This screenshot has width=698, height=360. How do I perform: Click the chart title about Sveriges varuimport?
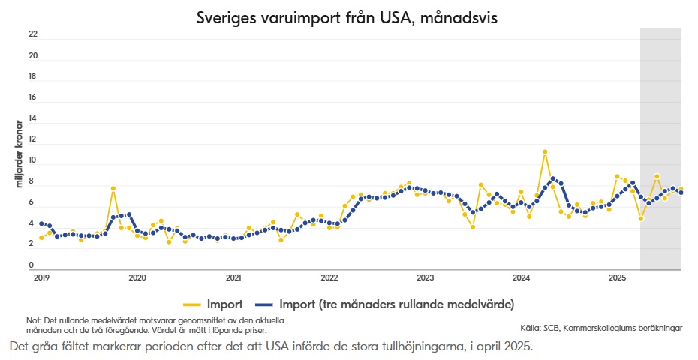pos(347,17)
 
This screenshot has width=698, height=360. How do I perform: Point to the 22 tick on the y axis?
pos(33,34)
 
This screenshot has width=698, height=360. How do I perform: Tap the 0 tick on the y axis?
pos(31,265)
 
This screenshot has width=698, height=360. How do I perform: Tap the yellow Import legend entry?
pos(214,304)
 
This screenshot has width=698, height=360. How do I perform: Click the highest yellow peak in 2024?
pos(545,152)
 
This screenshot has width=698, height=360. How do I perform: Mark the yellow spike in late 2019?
pos(113,189)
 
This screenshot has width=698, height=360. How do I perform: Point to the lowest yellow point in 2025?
pos(641,219)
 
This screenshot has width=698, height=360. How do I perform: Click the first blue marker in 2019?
pos(41,223)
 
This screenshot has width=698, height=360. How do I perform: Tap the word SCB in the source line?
pos(552,328)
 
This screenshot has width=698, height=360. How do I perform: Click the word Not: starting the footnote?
pos(34,320)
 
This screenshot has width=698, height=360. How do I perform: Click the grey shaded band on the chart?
pos(660,112)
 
